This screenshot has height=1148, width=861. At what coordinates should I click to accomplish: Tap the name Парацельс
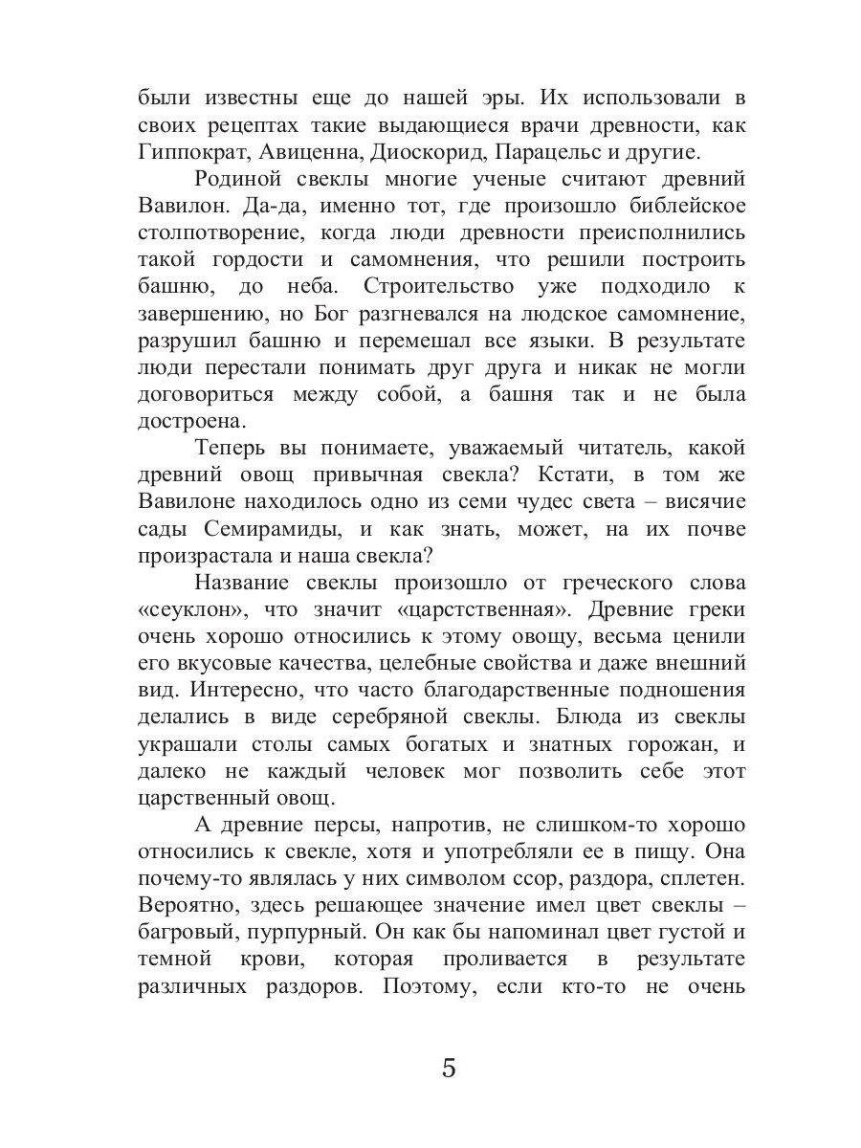[x=541, y=151]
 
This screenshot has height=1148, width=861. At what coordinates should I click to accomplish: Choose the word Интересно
[x=222, y=690]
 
